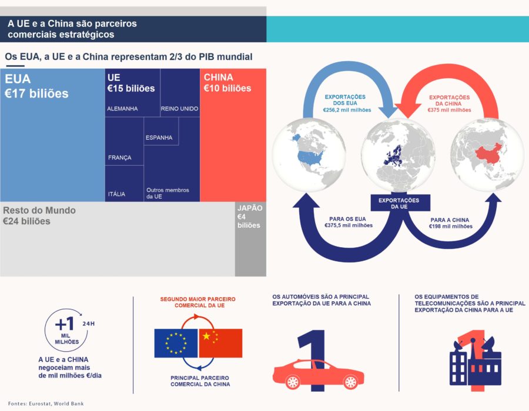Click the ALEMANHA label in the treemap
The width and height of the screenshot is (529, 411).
coord(122,109)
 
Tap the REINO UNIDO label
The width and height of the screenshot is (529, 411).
coord(179,109)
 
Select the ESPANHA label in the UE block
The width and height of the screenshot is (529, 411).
coord(159,137)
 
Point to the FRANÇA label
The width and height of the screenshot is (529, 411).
coord(120,157)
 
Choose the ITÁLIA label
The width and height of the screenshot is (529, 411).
coord(116,194)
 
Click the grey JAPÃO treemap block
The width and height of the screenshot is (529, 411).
coord(250,239)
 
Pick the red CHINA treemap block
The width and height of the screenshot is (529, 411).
coord(233,135)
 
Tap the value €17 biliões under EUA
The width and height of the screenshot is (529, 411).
coord(36,93)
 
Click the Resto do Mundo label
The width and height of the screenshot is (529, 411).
coord(39,210)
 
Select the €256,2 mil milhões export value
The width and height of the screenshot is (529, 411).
coord(347,110)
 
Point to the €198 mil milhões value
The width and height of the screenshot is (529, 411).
coord(451,227)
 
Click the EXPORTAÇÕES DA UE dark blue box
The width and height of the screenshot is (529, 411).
coord(400,203)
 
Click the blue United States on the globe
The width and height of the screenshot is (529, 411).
coord(310,157)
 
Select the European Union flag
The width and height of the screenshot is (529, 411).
coord(176,343)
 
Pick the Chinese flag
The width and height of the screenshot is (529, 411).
coord(220,343)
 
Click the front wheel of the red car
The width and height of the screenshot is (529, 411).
coord(293,382)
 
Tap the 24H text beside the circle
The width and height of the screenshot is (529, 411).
coord(88,324)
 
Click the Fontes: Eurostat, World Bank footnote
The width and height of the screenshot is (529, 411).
coord(46,403)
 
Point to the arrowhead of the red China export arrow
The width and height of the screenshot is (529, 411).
coord(407,110)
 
